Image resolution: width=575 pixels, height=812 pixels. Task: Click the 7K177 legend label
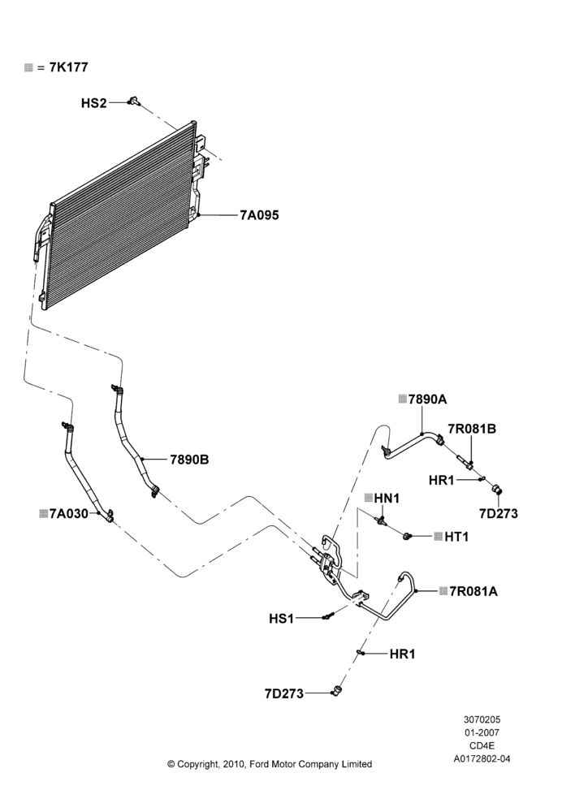pos(68,67)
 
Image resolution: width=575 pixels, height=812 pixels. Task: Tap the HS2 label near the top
pos(93,103)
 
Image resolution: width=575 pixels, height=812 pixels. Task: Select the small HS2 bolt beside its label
pos(134,101)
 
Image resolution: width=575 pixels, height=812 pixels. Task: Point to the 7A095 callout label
pos(259,215)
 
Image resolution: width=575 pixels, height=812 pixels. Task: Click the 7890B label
pos(189,460)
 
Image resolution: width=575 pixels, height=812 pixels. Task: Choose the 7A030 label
pos(69,514)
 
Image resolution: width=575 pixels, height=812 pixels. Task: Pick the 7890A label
pos(427,400)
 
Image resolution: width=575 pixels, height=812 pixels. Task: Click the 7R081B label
pos(472,429)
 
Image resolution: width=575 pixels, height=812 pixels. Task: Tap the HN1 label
pos(387,499)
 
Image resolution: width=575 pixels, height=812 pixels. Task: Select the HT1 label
pos(456,537)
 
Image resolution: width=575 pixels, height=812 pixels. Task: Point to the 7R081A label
pos(473,591)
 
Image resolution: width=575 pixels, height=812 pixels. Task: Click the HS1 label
pos(281,618)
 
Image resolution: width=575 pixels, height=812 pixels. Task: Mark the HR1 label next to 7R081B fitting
pos(441,481)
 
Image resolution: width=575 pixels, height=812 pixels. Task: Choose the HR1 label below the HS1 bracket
pos(403,654)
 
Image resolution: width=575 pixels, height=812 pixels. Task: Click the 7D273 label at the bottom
pos(284,693)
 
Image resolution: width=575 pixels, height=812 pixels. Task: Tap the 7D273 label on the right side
pos(499,514)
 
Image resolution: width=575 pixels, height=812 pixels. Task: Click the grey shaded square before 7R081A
pos(443,591)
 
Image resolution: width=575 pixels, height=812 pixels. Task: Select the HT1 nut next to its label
pos(407,535)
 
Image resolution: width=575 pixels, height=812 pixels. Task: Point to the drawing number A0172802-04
pos(482,759)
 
